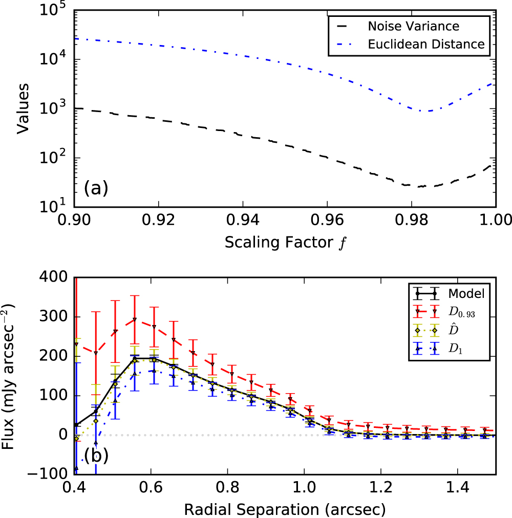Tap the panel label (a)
tap(96, 188)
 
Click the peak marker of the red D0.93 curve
tap(134, 319)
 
